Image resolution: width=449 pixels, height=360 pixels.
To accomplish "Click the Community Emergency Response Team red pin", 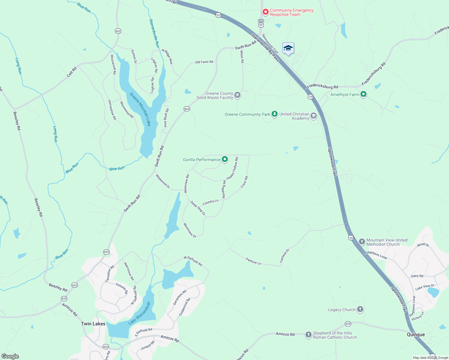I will pyautogui.click(x=265, y=12).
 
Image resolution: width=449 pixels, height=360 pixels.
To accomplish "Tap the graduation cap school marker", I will pyautogui.click(x=288, y=48).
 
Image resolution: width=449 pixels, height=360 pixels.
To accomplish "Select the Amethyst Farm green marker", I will pyautogui.click(x=363, y=94).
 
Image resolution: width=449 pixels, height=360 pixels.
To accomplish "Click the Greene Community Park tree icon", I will pyautogui.click(x=274, y=114).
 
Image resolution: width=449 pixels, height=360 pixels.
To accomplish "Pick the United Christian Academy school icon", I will pyautogui.click(x=314, y=116).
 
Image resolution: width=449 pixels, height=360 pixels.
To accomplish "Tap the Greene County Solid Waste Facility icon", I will pyautogui.click(x=237, y=95).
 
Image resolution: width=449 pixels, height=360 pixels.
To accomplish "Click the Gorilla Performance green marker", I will pyautogui.click(x=225, y=160).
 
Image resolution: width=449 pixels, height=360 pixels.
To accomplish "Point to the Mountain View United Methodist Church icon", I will pyautogui.click(x=362, y=242).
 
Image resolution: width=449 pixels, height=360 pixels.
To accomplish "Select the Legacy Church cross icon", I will pyautogui.click(x=360, y=309).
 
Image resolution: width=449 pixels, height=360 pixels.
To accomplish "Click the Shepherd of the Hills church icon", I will pyautogui.click(x=308, y=335).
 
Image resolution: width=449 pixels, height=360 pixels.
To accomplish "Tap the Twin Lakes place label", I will pyautogui.click(x=93, y=324).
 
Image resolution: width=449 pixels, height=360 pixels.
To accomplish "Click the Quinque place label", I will pyautogui.click(x=416, y=334).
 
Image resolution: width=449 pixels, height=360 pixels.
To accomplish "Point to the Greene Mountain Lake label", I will pyautogui.click(x=140, y=109).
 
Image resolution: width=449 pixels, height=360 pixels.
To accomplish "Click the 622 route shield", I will pyautogui.click(x=118, y=31).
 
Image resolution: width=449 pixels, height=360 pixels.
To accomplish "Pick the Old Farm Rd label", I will pyautogui.click(x=204, y=62).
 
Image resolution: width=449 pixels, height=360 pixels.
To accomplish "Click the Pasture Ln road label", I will pyautogui.click(x=253, y=261).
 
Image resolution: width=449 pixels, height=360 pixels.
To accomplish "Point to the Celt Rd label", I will pyautogui.click(x=72, y=72).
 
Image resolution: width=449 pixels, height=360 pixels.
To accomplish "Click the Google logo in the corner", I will pyautogui.click(x=10, y=356).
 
